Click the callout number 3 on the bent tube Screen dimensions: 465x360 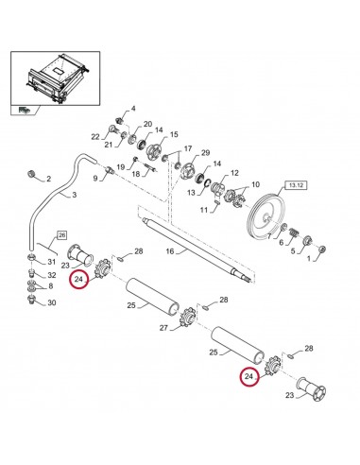[x=75, y=195]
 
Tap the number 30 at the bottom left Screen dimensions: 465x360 [x=51, y=302]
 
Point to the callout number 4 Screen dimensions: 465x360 [x=133, y=109]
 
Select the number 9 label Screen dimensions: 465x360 [x=94, y=177]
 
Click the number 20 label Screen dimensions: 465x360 [x=146, y=124]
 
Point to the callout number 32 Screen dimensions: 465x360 [x=51, y=274]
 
